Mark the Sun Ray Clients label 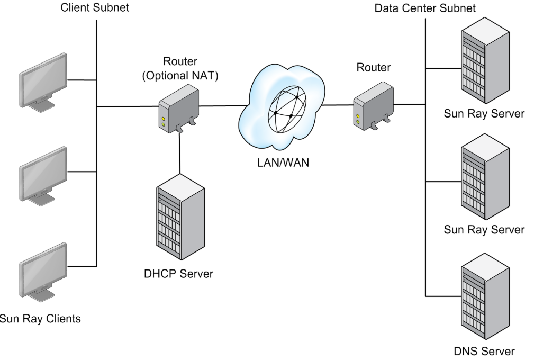click(41, 319)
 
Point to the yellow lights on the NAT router click(164, 122)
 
